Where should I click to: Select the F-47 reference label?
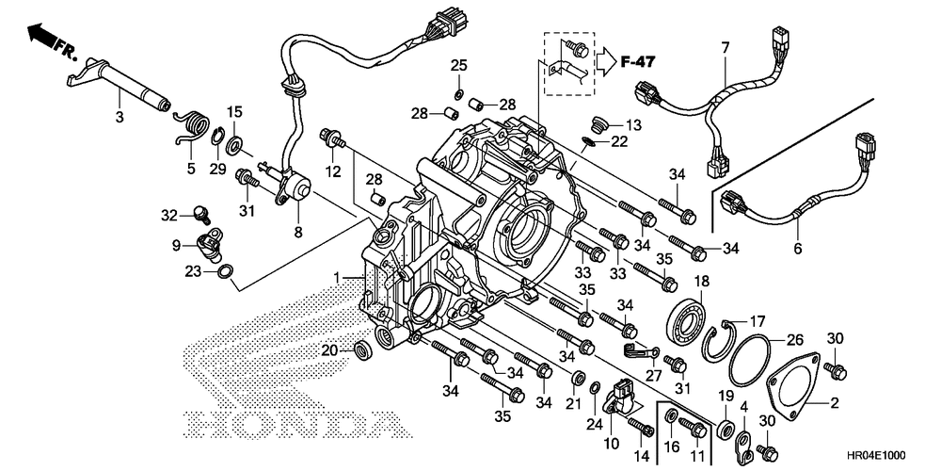click(638, 60)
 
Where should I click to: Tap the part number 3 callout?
click(120, 117)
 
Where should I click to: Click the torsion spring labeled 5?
click(190, 125)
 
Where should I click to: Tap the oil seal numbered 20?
click(363, 350)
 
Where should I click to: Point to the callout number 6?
click(798, 247)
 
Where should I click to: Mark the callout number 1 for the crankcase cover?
click(337, 278)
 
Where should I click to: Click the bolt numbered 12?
click(333, 138)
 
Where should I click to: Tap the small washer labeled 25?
click(458, 93)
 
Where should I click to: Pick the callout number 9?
click(176, 245)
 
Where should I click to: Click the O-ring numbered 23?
click(225, 271)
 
